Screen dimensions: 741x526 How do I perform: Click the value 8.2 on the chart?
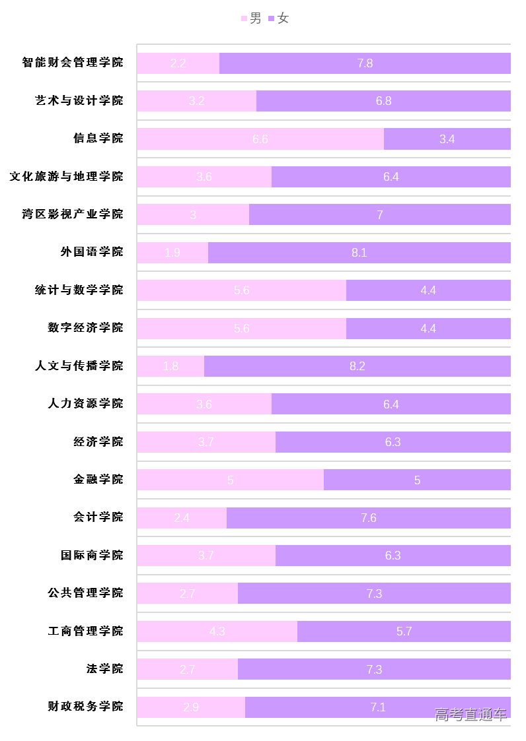pos(357,366)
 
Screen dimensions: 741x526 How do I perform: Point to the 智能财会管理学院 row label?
pos(73,63)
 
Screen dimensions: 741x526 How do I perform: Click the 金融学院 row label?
pos(98,480)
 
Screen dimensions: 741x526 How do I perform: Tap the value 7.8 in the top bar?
pos(365,63)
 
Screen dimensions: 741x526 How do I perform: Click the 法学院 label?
pos(105,669)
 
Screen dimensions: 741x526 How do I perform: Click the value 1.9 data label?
pos(172,253)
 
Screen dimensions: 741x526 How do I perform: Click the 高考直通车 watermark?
pos(470,715)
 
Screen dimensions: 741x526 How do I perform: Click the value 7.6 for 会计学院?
pos(369,518)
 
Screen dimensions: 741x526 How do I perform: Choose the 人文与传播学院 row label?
pos(79,366)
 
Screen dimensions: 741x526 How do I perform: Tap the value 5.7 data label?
pos(404,631)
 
